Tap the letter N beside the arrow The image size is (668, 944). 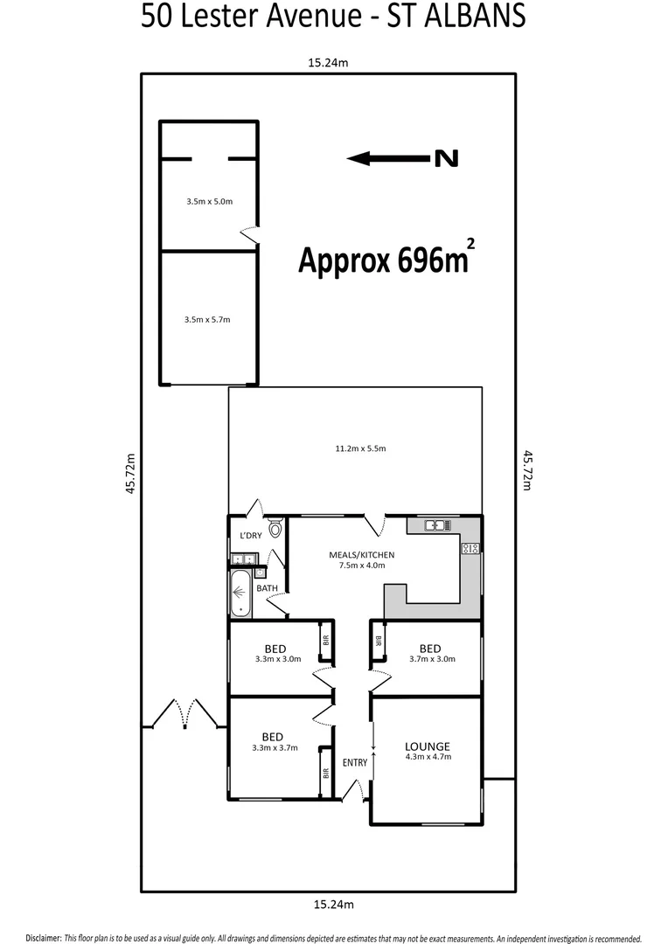pos(446,158)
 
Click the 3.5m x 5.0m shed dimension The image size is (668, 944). pos(209,201)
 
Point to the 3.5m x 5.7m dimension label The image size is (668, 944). pos(208,320)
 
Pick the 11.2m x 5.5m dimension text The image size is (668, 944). pos(360,448)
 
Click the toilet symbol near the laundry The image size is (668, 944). pos(275,528)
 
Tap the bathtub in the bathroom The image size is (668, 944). pos(240,595)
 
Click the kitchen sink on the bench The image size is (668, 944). pos(436,525)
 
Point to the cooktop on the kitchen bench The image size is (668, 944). pos(470,549)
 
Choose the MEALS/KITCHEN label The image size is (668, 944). pos(361,554)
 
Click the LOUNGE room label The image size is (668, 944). pos(427,746)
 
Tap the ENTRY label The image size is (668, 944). pos(355,762)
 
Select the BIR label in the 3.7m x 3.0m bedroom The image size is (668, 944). pos(379,640)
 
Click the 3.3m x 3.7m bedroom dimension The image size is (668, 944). pos(275,748)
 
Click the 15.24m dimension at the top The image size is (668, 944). pos(327,63)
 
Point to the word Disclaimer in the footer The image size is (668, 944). pos(43,936)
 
